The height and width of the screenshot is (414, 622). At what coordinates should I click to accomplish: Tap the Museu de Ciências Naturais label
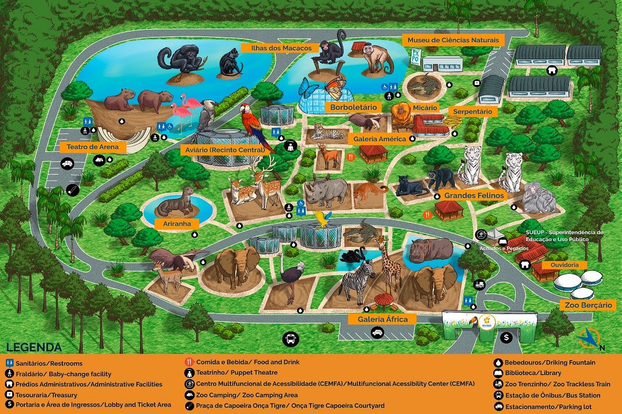point(453,40)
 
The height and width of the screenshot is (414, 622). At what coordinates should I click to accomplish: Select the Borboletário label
point(352,108)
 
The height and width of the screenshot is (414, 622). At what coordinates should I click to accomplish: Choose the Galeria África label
point(379,319)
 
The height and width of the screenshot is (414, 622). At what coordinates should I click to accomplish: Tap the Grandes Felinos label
point(474,196)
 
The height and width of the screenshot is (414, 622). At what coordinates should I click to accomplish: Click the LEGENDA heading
point(34,347)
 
